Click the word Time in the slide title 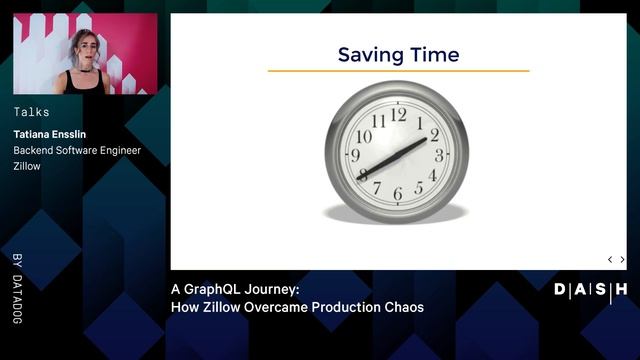tap(431, 54)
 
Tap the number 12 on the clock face tap(398, 114)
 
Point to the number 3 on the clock tap(439, 154)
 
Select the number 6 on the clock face tap(397, 194)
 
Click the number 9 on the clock tap(355, 155)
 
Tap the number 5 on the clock tap(419, 189)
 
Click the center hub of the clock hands tap(397, 156)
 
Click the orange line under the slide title tap(398, 72)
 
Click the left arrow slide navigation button tap(610, 259)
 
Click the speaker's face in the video tap(84, 48)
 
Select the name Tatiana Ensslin tap(55, 134)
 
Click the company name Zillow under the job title tap(27, 166)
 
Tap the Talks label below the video tap(31, 112)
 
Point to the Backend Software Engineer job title tap(77, 150)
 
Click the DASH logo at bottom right tap(590, 290)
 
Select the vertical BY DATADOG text tap(17, 288)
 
